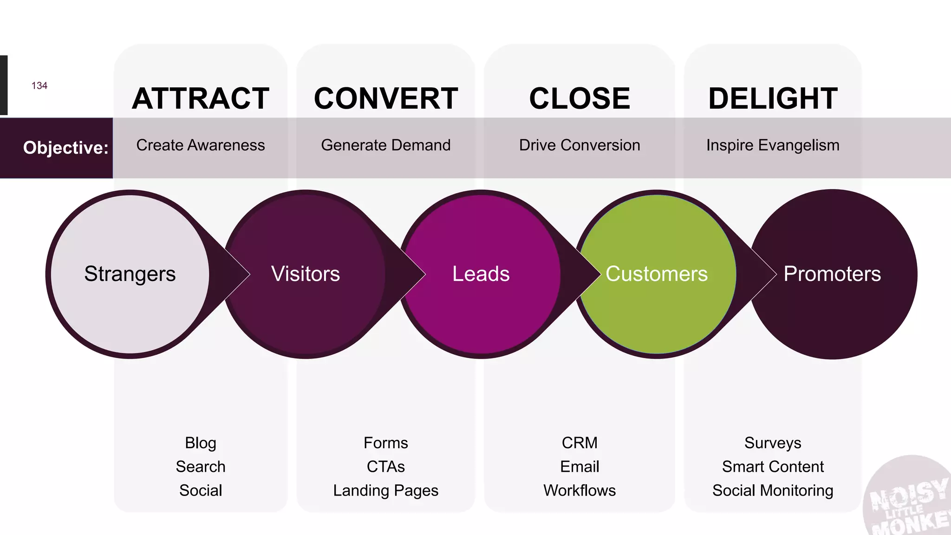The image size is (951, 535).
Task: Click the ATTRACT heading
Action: tap(200, 98)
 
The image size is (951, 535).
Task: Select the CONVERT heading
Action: tap(386, 98)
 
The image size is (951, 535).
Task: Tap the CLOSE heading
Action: tap(580, 98)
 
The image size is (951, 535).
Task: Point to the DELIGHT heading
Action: tap(773, 98)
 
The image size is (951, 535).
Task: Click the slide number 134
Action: tap(39, 86)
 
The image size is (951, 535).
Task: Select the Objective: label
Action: tap(65, 148)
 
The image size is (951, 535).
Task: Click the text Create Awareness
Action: tap(200, 145)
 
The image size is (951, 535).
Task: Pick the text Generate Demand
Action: tap(386, 145)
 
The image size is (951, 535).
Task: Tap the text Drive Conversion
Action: tap(580, 145)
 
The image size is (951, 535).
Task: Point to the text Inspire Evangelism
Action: tap(773, 145)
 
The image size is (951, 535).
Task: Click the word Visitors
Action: tap(306, 274)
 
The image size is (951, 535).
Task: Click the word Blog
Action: tap(200, 443)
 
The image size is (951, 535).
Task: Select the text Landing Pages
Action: tap(386, 490)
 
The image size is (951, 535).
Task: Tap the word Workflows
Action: tap(580, 490)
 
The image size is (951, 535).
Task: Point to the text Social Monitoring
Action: tap(773, 490)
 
